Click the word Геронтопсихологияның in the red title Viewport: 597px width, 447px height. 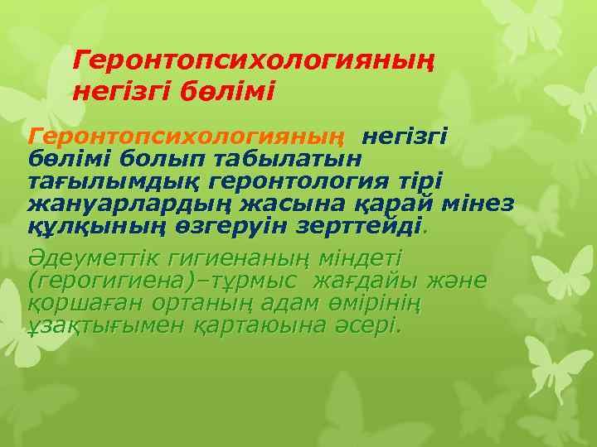[255, 60]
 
